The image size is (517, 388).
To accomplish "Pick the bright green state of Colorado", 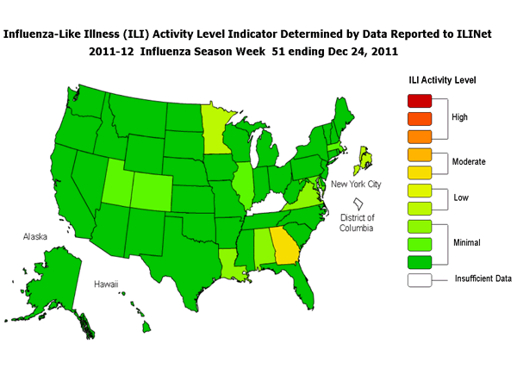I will coord(155,185).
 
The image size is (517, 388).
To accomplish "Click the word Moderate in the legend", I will coord(469,161).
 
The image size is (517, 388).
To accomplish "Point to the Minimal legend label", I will coord(467,243).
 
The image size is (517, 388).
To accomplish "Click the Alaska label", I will coord(40,235).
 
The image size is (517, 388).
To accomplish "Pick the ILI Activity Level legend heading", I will coord(443,79).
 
